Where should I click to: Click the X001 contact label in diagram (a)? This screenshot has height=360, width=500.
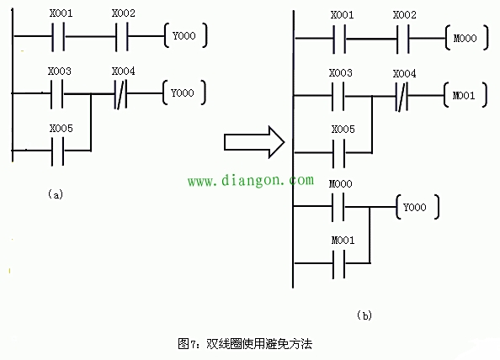[61, 13]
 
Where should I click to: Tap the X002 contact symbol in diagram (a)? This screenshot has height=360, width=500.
[121, 37]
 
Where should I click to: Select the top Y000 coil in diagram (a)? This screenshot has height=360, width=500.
[185, 35]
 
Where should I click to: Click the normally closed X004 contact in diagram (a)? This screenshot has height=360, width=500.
[120, 94]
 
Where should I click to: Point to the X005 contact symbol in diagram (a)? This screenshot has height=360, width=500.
[58, 151]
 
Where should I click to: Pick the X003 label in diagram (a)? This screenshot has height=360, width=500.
[60, 71]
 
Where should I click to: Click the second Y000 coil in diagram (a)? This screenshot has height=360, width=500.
[184, 93]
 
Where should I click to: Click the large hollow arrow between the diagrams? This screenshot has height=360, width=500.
[254, 142]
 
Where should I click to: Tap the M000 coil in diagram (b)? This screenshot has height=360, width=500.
[466, 38]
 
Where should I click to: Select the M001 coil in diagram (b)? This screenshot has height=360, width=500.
[465, 95]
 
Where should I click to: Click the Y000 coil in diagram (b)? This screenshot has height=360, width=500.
[418, 207]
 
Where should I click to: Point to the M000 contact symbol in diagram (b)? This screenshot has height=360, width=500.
[338, 207]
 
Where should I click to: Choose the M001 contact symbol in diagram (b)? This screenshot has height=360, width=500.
[338, 264]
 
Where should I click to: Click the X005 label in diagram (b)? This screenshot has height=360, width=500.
[343, 130]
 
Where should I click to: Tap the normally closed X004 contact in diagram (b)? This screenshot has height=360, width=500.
[402, 96]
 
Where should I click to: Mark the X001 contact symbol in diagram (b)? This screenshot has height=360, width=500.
[339, 39]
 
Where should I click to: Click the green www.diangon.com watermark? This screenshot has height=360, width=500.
[251, 180]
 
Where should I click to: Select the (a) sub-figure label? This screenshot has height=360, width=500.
[56, 194]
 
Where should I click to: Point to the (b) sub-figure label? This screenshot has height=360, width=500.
[364, 315]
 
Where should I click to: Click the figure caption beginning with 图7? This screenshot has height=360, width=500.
[245, 344]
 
